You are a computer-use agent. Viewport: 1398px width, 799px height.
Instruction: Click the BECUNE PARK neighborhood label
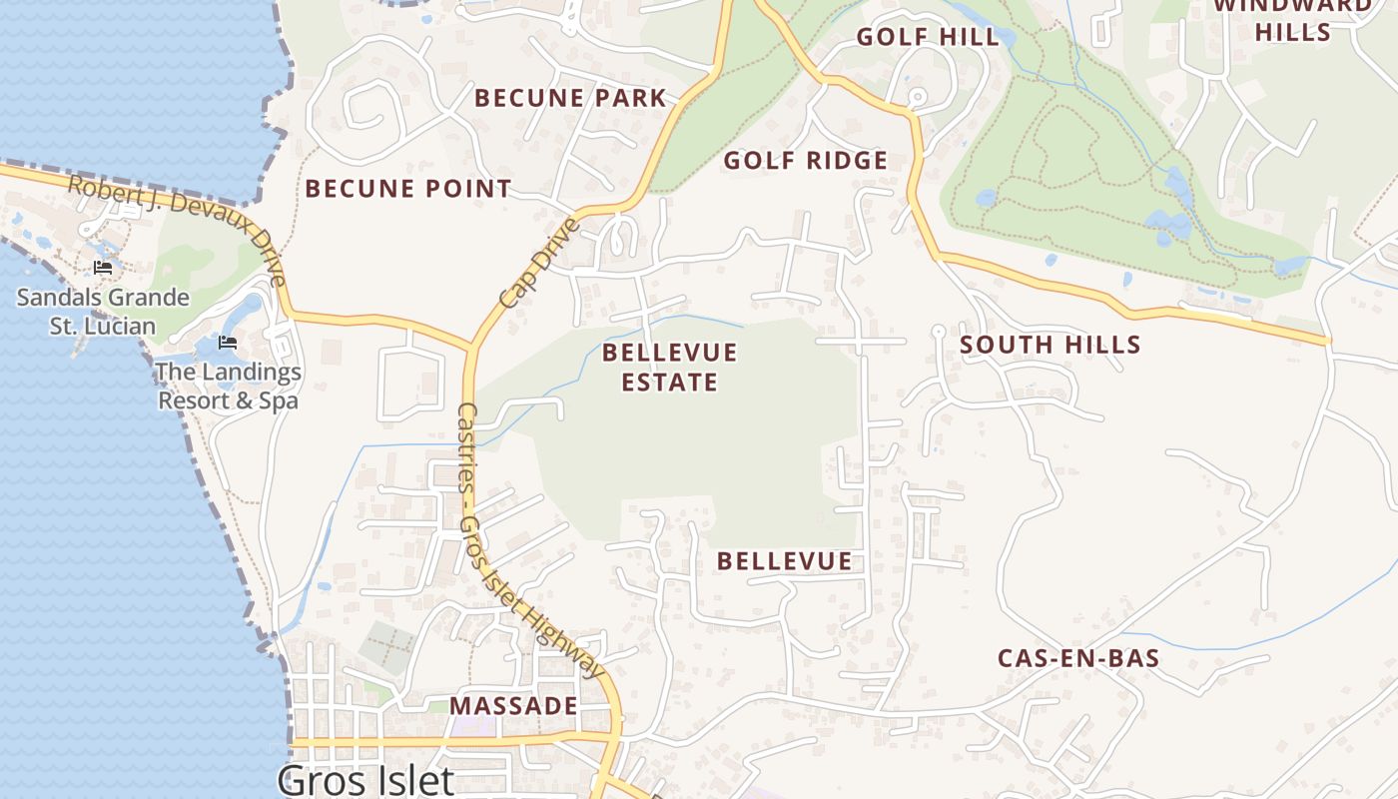[x=570, y=98]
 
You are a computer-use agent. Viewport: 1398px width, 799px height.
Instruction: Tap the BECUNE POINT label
[x=407, y=188]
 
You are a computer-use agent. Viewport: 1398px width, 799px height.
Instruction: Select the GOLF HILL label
[x=928, y=37]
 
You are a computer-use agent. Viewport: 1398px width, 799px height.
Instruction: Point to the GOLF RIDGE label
[x=805, y=161]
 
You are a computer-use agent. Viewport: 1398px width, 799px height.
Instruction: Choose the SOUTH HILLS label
[x=1049, y=345]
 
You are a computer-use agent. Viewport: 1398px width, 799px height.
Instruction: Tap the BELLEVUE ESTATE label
[x=669, y=367]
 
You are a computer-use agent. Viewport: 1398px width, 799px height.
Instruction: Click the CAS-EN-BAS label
[x=1078, y=658]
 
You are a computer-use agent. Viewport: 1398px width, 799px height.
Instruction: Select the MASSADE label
[x=513, y=706]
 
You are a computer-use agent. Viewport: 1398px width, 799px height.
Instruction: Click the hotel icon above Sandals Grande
[x=102, y=268]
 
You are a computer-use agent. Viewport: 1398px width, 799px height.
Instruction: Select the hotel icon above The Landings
[x=228, y=343]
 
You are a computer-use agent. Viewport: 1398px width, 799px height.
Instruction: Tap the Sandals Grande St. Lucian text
[x=103, y=312]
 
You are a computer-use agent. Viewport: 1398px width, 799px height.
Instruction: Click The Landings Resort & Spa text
[x=228, y=387]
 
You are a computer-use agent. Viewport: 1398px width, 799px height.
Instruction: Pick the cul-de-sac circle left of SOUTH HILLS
[x=937, y=330]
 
